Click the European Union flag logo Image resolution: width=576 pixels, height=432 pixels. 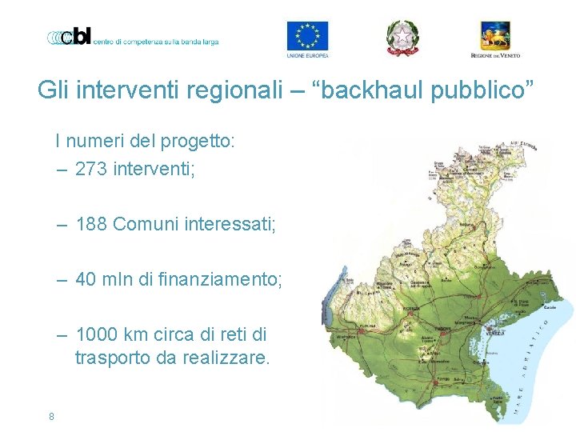307,35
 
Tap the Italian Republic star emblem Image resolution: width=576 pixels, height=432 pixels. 402,36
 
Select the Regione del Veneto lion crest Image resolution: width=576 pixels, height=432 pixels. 494,35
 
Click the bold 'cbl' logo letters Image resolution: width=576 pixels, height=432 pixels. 78,37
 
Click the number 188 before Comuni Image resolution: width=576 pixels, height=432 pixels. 92,224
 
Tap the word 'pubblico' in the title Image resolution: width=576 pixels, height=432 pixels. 486,90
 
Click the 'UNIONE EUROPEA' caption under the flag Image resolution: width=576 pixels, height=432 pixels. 307,56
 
